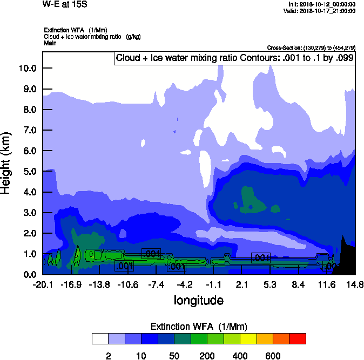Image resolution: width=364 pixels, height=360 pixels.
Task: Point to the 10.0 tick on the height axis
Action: tap(28, 68)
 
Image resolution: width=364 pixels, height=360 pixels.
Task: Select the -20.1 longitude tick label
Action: tap(43, 284)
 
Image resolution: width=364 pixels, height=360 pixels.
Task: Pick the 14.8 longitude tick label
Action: tap(355, 284)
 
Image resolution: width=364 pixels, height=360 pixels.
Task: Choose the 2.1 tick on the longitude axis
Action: tap(242, 284)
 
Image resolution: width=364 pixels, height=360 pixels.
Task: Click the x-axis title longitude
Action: tap(198, 300)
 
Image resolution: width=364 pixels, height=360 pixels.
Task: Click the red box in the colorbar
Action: tap(298, 338)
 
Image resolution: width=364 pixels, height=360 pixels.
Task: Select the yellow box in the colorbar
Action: tap(248, 338)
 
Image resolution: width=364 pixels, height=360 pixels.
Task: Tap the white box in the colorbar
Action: tap(100, 338)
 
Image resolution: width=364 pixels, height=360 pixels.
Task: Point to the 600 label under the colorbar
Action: tap(273, 356)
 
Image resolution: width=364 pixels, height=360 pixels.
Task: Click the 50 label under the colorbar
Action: tap(174, 356)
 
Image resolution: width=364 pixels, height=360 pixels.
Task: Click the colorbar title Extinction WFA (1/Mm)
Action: tap(198, 327)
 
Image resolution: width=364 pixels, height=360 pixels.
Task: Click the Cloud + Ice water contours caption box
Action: tap(235, 58)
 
